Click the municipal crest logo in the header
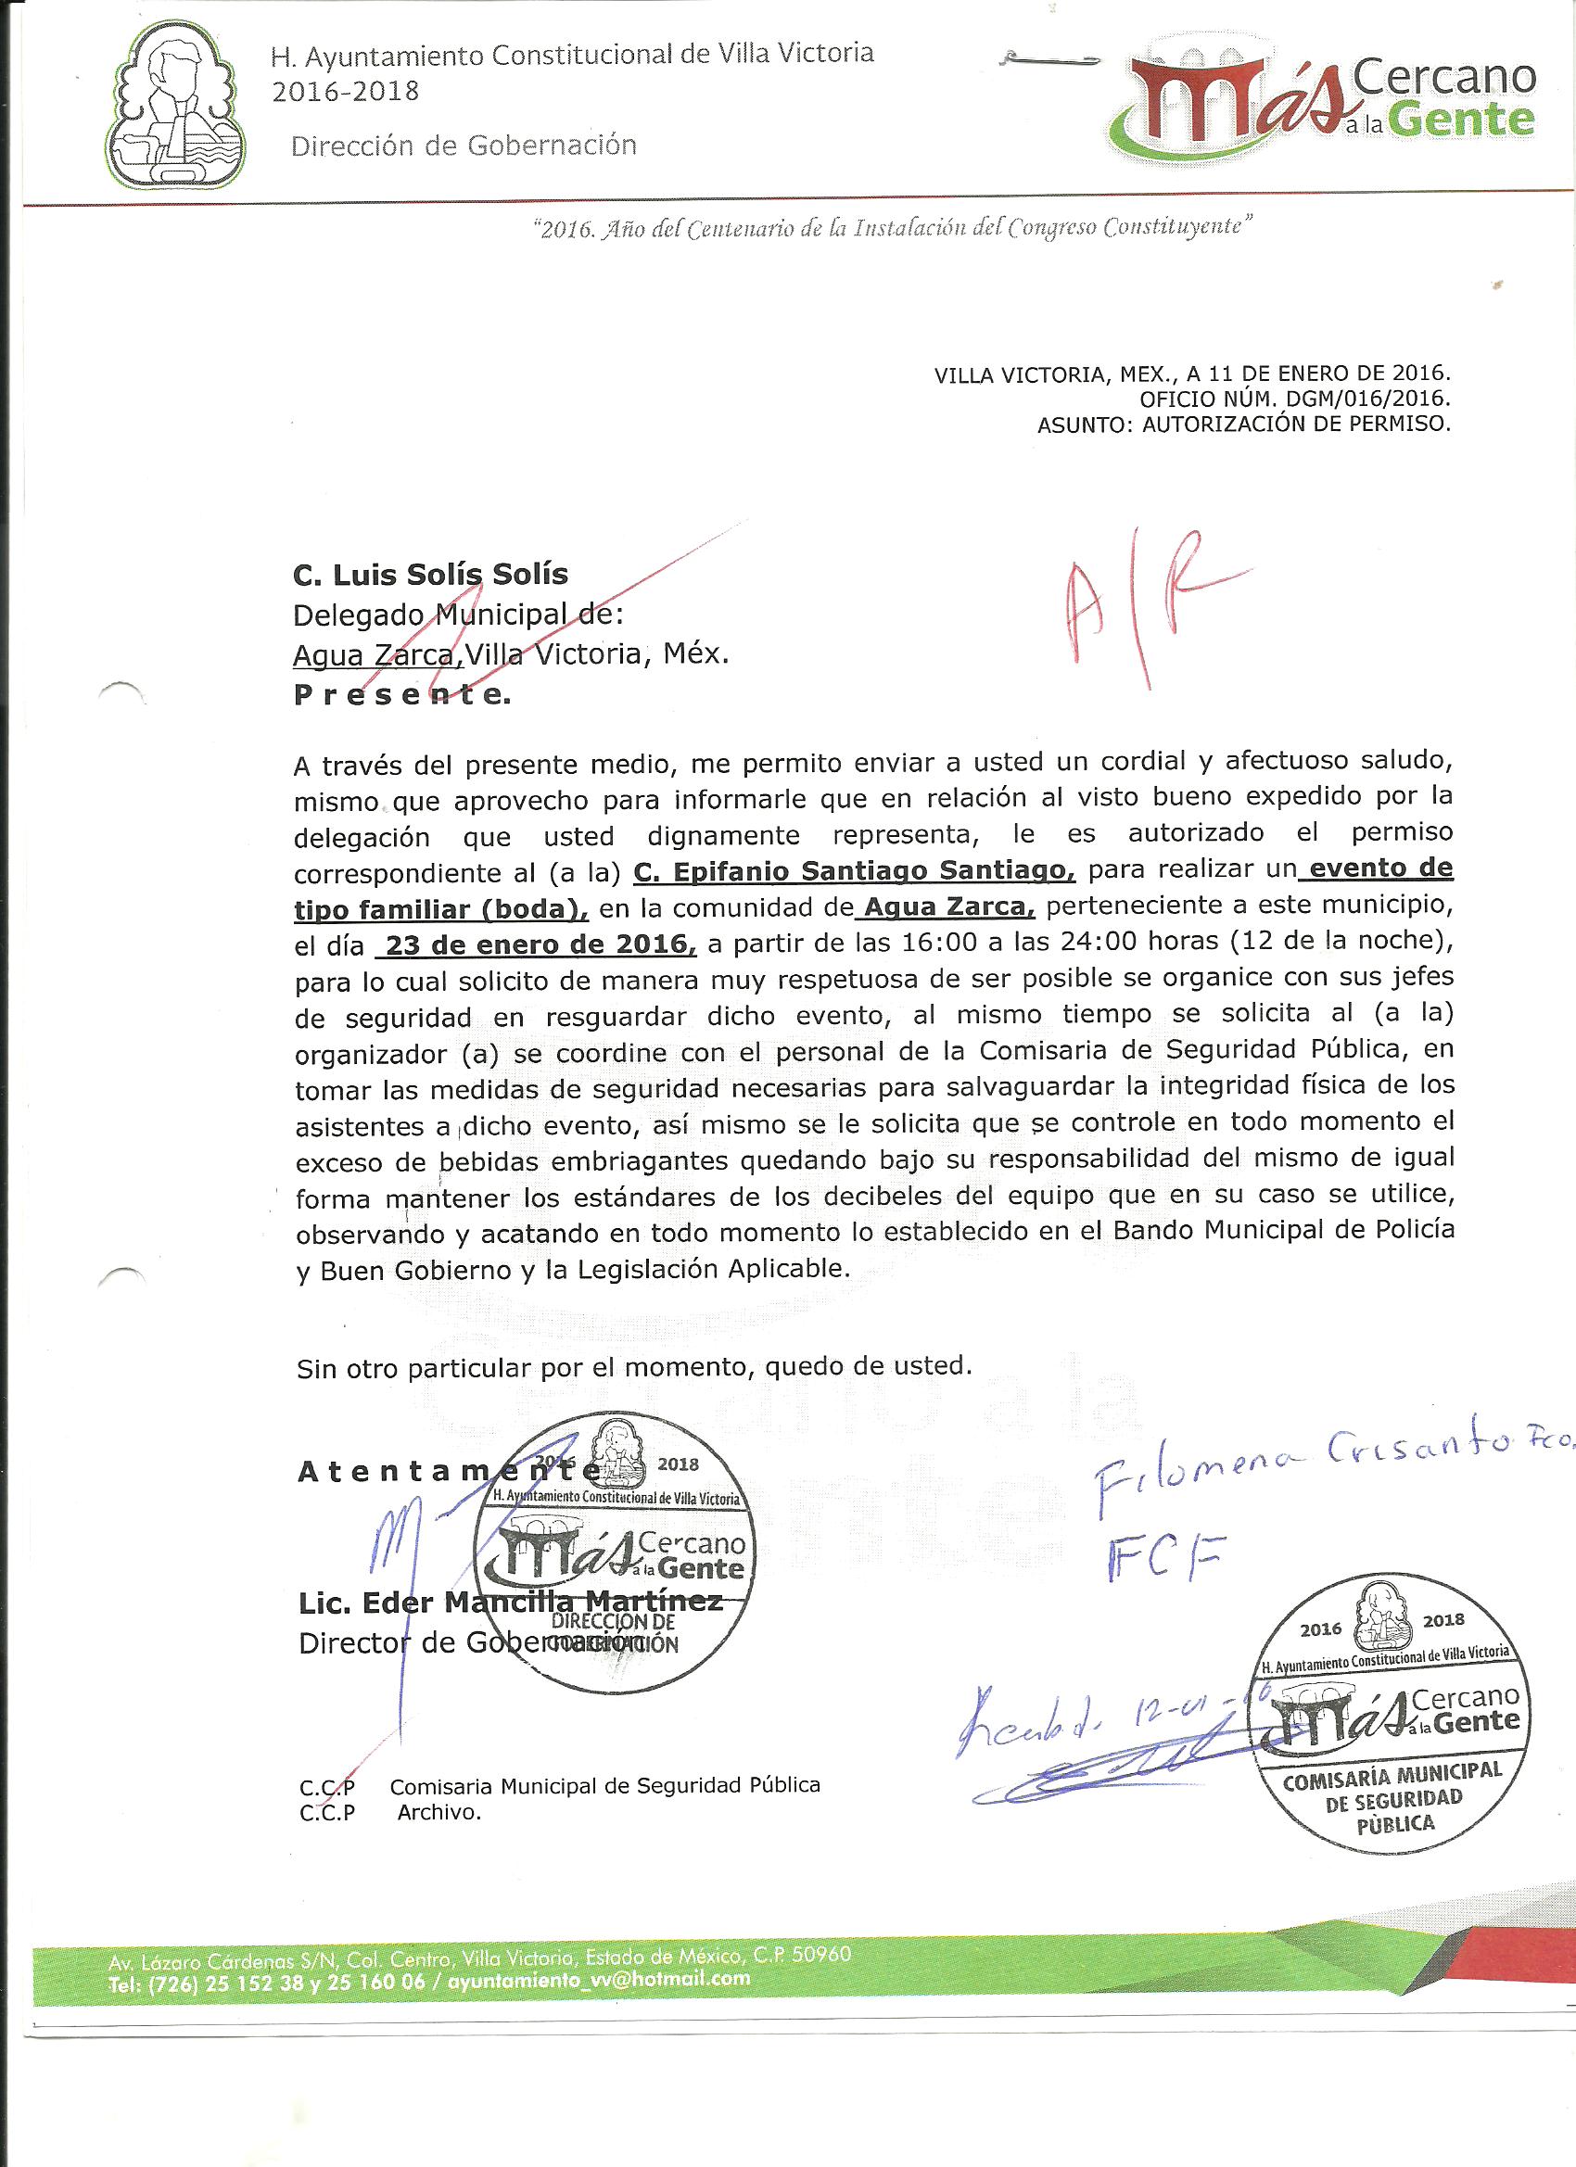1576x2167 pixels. pyautogui.click(x=175, y=106)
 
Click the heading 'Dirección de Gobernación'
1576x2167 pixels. pyautogui.click(x=464, y=146)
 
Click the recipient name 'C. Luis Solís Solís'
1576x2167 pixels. pyautogui.click(x=430, y=575)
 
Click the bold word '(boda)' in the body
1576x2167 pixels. pyautogui.click(x=534, y=907)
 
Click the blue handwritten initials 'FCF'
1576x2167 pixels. pyautogui.click(x=1163, y=1558)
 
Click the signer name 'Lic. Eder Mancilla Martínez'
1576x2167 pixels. pyautogui.click(x=511, y=1602)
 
